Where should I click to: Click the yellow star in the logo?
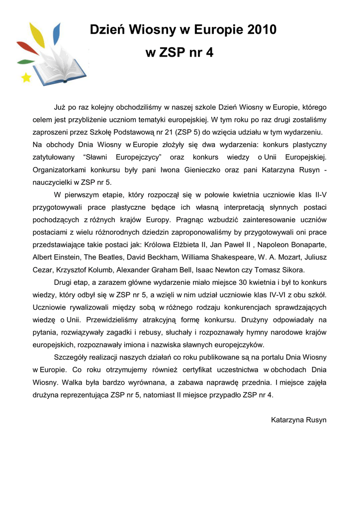pos(26,77)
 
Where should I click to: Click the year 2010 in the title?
pos(258,30)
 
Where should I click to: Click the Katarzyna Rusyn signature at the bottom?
pos(298,420)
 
